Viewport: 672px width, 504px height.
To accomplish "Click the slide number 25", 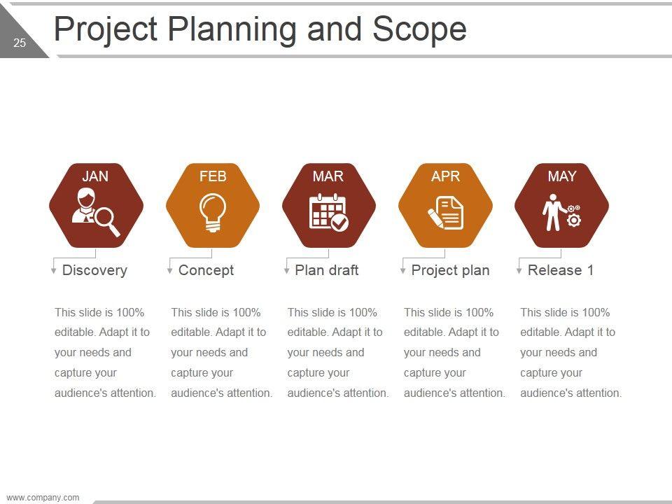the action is (x=20, y=43).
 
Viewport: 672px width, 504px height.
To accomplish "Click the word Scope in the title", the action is (x=419, y=29).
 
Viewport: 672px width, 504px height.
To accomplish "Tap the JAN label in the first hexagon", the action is (x=95, y=176).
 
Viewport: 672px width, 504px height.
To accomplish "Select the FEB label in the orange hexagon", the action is (x=213, y=176).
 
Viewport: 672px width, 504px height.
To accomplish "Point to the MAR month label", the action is (x=328, y=176).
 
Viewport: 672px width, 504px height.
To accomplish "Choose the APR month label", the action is (x=445, y=176).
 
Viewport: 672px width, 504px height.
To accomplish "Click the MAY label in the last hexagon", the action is (x=562, y=176).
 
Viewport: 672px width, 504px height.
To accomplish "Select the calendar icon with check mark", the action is (x=329, y=212).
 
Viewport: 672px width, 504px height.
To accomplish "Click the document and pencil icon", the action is (x=446, y=213).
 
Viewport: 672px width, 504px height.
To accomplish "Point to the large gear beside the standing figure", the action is (x=573, y=220).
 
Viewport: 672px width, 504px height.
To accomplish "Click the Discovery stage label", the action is (x=94, y=270).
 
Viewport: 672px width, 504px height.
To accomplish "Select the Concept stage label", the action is (x=206, y=270).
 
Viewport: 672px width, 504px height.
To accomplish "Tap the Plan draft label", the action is (x=327, y=270).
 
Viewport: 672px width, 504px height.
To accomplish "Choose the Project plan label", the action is (x=450, y=270).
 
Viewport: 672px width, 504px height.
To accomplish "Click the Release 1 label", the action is (x=561, y=270).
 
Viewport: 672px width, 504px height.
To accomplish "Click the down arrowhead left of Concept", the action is (x=169, y=271).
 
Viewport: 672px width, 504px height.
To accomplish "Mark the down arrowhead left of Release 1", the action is (x=519, y=271).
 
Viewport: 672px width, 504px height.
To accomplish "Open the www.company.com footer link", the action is (x=43, y=498).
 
